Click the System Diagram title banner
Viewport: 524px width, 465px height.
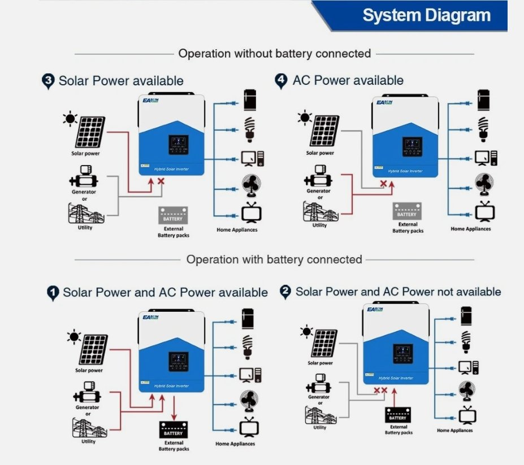pos(410,16)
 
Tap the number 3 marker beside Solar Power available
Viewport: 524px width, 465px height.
pos(48,81)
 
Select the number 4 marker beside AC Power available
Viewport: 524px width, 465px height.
pos(281,81)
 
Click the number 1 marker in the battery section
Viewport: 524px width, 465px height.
pos(53,293)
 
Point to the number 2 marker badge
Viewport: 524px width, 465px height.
pos(285,292)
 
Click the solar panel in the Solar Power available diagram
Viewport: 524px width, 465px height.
pos(90,132)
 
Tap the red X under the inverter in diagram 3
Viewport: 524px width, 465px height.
pos(161,181)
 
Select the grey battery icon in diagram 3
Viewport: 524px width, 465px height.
pos(173,215)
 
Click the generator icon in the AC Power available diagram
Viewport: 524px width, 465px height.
pos(318,176)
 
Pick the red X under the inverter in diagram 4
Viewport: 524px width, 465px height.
pos(383,183)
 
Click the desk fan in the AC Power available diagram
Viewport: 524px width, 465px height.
pos(484,184)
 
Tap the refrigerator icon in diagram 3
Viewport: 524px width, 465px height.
pos(250,100)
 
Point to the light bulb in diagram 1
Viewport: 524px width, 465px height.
pos(247,347)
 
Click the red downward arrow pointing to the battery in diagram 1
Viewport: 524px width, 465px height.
pos(174,408)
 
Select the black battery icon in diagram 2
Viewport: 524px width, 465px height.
pos(398,415)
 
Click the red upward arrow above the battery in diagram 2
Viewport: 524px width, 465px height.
pos(395,397)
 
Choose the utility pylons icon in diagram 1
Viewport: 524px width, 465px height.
pos(89,428)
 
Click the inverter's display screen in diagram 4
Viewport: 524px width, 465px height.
pos(413,147)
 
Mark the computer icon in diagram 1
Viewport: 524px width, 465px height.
pos(250,375)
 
